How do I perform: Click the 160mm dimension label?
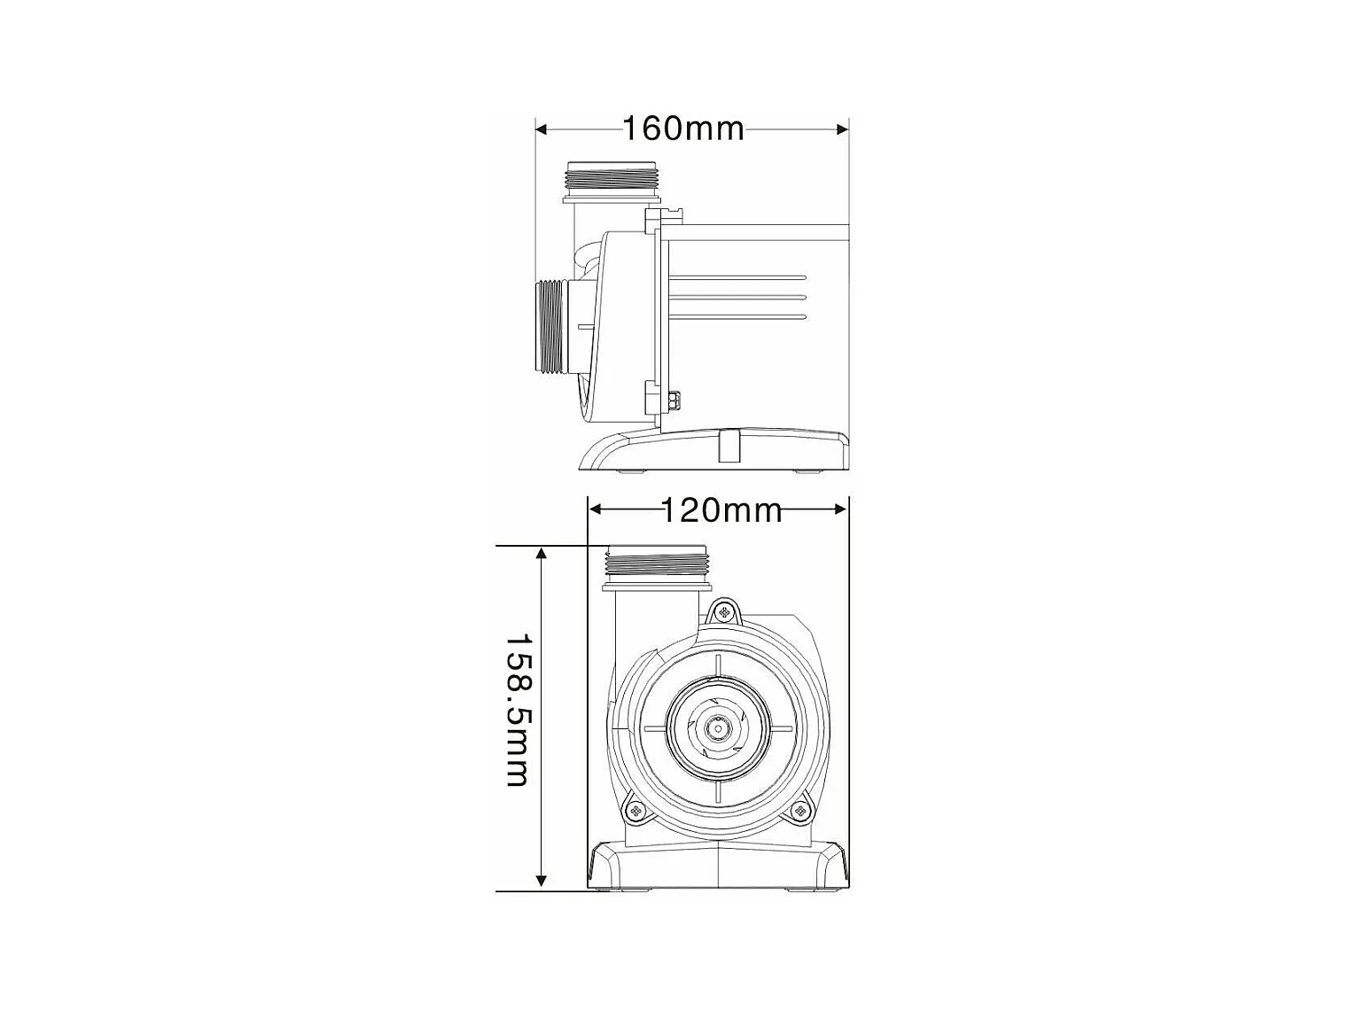[683, 129]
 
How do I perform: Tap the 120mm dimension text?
[721, 509]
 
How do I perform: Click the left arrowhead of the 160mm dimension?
[542, 129]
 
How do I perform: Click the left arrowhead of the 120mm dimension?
[595, 509]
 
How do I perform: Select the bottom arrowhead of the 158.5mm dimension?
[541, 881]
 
